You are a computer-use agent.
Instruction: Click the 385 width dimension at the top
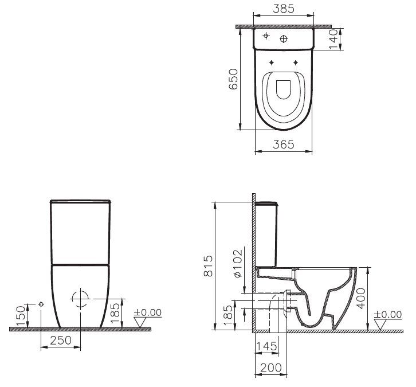point(284,9)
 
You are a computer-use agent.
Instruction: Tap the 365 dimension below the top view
point(283,145)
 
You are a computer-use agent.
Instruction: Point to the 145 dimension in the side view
point(266,346)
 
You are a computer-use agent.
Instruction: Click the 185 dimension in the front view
point(115,313)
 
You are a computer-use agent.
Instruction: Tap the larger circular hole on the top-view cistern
point(284,39)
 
